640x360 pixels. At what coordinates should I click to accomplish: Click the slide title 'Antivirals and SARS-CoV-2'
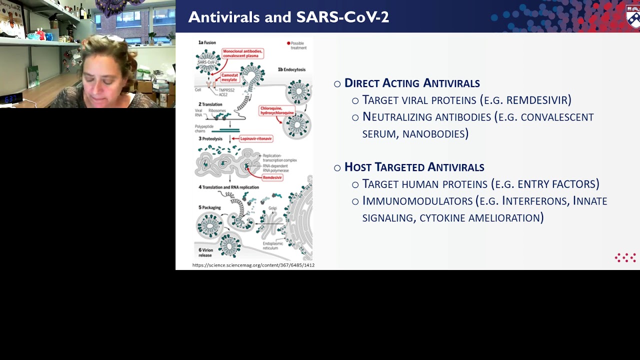pos(288,17)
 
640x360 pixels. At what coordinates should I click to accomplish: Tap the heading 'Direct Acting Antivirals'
pos(412,83)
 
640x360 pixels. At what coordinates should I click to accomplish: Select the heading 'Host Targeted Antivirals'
pos(414,167)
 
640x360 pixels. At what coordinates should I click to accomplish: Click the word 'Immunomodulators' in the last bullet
pos(417,201)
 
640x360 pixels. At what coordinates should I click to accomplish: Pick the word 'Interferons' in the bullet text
pos(535,201)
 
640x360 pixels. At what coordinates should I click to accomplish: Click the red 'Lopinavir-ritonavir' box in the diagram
pos(255,138)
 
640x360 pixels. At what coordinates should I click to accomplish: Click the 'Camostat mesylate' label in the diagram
pos(229,77)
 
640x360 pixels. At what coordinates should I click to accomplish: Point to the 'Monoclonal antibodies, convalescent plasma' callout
pos(242,53)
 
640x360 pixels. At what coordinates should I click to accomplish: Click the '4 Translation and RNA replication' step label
pos(228,187)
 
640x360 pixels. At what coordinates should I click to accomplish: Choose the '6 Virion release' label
pos(205,252)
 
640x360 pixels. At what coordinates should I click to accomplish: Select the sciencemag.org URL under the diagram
pos(253,265)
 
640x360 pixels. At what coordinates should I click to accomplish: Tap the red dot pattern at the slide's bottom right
pos(625,257)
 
